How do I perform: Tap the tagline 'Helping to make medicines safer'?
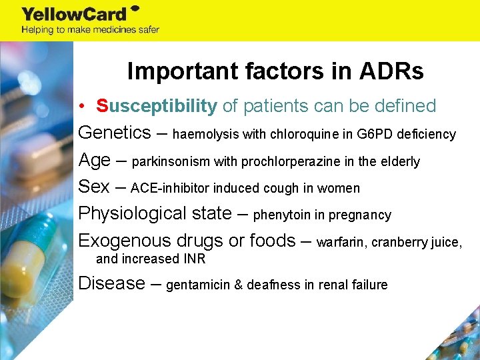click(x=90, y=29)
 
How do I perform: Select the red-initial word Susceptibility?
click(x=157, y=106)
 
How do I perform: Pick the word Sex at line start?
click(x=94, y=187)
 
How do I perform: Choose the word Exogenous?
click(x=127, y=240)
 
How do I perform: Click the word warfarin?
click(x=341, y=242)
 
